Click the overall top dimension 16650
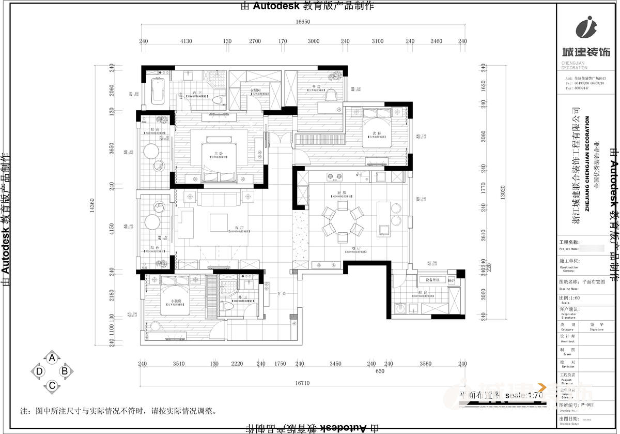pyautogui.click(x=303, y=22)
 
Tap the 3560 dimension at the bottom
pyautogui.click(x=425, y=364)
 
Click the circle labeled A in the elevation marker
pyautogui.click(x=52, y=357)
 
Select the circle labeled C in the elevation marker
pyautogui.click(x=52, y=385)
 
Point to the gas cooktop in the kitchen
pyautogui.click(x=334, y=177)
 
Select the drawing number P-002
pyautogui.click(x=587, y=405)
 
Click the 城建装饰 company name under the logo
pyautogui.click(x=585, y=52)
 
